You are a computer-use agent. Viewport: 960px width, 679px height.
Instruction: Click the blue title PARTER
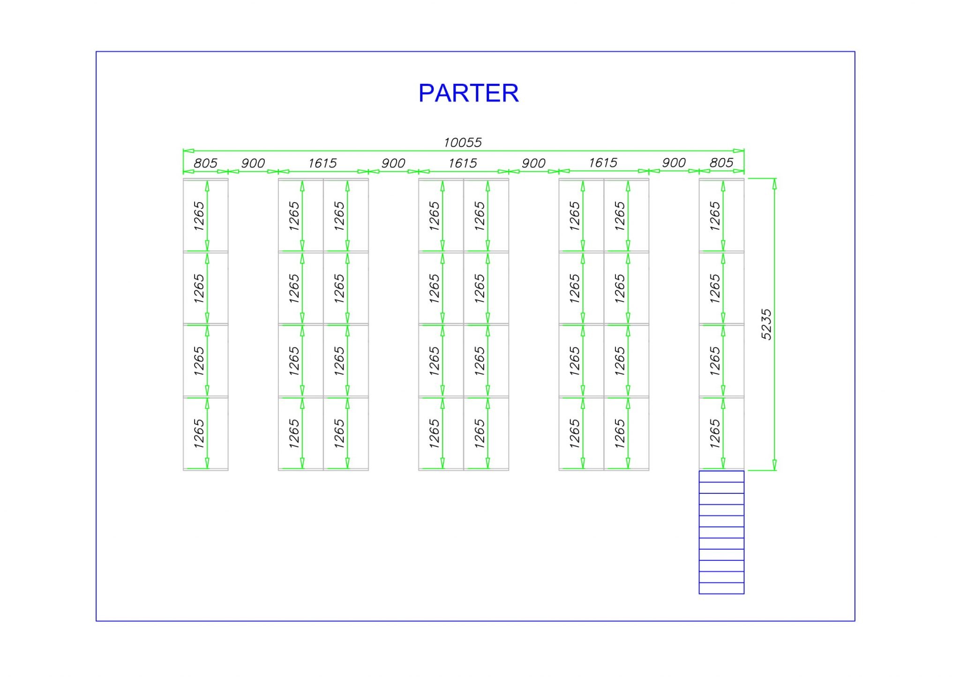(468, 93)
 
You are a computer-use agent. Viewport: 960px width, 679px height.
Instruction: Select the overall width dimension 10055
(463, 142)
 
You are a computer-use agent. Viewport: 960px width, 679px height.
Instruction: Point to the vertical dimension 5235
(766, 324)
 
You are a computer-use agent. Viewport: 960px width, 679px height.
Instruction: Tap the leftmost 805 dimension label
(205, 163)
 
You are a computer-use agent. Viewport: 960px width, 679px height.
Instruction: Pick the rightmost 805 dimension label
(721, 163)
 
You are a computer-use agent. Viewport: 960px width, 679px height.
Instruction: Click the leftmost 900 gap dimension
(253, 163)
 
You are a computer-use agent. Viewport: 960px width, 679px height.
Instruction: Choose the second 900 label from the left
(393, 163)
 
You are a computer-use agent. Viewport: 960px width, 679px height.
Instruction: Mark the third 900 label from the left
(533, 163)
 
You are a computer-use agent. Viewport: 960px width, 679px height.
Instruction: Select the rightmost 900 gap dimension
(674, 163)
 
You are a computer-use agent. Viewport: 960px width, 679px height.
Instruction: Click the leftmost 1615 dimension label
(322, 163)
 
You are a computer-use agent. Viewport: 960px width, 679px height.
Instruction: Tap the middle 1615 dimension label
(463, 163)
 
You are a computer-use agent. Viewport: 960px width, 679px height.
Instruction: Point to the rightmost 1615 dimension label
(603, 163)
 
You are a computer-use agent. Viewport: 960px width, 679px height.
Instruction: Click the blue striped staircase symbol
(721, 532)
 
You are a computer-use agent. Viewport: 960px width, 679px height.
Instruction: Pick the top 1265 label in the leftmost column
(199, 216)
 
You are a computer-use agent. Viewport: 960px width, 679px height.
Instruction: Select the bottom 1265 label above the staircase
(715, 433)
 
